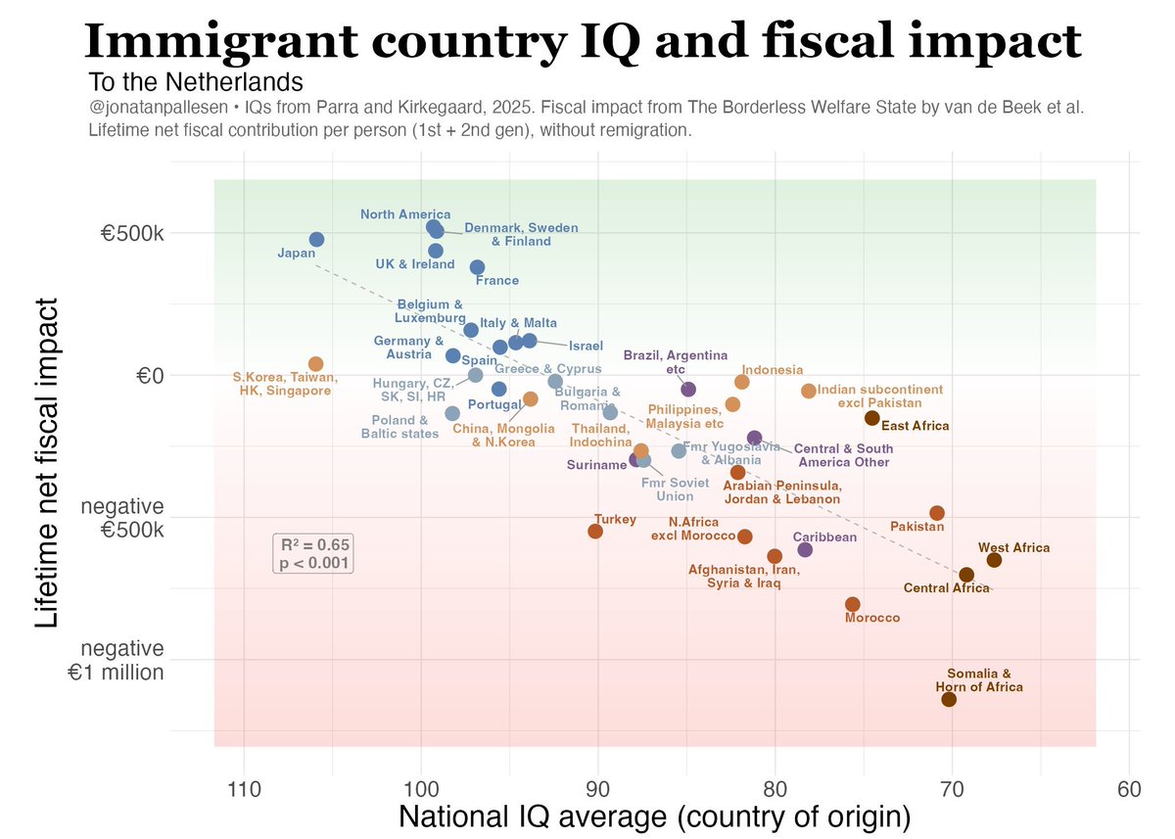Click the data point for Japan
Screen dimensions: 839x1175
click(316, 240)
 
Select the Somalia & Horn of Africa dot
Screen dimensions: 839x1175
click(949, 699)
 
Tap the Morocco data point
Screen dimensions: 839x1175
click(852, 605)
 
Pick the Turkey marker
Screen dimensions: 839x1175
click(595, 531)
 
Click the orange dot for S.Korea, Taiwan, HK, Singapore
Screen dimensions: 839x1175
click(315, 364)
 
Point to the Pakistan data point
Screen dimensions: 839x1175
click(937, 513)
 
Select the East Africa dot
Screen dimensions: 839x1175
click(871, 418)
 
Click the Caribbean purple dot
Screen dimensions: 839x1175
click(805, 549)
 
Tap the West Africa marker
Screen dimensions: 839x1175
click(994, 560)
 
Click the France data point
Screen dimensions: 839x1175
click(477, 267)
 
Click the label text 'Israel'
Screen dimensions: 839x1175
click(586, 346)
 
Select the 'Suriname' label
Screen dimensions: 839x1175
click(597, 465)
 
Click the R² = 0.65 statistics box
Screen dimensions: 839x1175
click(313, 554)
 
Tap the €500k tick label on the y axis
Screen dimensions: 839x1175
click(134, 234)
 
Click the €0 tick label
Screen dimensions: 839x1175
click(146, 376)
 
